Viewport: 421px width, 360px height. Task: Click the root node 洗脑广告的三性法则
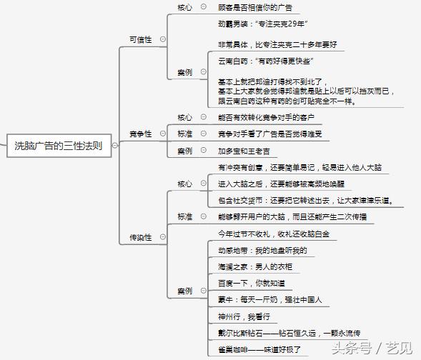tap(59, 146)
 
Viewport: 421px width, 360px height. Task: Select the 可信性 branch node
tap(141, 39)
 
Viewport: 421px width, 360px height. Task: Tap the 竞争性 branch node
tap(141, 134)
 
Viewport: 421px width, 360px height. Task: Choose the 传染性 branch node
tap(141, 237)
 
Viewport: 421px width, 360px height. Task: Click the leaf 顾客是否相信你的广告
tap(254, 7)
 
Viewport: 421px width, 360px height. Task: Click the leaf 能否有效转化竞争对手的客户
tap(266, 116)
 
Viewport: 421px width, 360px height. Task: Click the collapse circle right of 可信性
tap(162, 39)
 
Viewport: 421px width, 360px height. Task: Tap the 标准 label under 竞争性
tap(185, 134)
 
